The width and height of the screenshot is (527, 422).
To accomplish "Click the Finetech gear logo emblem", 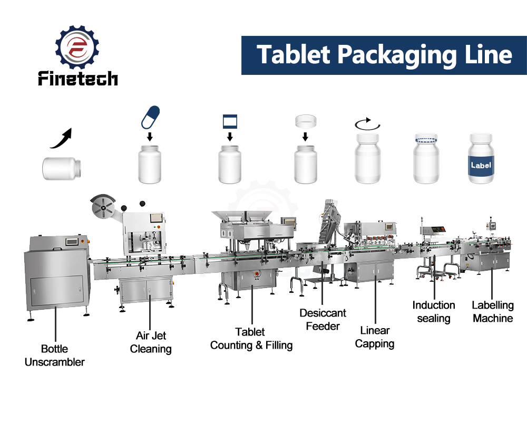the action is pos(77,47).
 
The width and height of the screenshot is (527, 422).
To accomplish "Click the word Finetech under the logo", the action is pos(77,78).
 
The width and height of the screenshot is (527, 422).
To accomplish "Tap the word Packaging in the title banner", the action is pos(397,55).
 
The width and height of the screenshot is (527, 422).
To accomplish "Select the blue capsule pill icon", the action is pos(150,118).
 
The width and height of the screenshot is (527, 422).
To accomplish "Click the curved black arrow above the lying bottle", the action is pos(62,138).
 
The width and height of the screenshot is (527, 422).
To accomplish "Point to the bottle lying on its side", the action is pos(62,169).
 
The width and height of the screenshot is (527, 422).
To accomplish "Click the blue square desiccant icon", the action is pos(230,121).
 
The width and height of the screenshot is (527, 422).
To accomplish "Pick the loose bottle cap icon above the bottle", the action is pos(306,121).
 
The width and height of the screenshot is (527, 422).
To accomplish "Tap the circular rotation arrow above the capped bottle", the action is pos(367,124).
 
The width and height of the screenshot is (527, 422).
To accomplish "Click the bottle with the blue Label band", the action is pos(481,158).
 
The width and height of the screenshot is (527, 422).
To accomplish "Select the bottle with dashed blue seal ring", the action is pos(426,158).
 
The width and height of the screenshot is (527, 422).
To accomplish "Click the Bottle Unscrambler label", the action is pos(54,356).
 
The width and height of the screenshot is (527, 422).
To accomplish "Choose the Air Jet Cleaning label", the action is pos(151,342).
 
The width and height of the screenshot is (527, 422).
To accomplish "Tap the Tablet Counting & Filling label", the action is pos(251,339).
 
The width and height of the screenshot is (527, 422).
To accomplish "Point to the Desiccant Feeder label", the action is pos(323,319).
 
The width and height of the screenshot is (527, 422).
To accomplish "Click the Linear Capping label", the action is pos(375,337).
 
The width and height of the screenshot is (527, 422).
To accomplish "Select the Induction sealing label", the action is pos(434,312).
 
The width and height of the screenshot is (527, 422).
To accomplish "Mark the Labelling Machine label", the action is pos(493,312).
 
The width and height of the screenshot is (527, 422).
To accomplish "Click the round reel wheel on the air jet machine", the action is pos(103,206).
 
